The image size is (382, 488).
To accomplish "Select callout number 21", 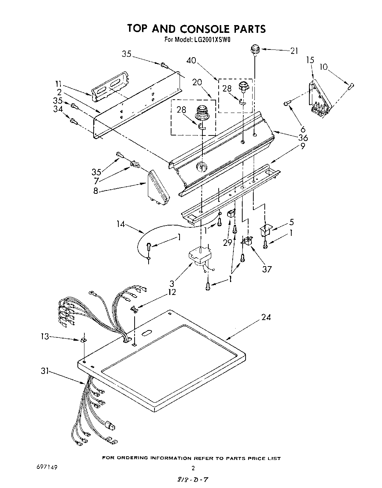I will point(294,51).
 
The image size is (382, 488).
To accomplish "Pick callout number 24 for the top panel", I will point(266,317).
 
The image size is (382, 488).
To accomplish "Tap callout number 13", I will point(45,336).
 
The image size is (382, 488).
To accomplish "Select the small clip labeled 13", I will point(84,339).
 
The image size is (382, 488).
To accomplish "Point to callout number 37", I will point(267,269).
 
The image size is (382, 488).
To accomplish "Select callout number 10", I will point(323,67).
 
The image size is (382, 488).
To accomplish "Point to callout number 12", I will point(171,292).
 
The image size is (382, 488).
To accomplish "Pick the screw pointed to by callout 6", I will point(286,104).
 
